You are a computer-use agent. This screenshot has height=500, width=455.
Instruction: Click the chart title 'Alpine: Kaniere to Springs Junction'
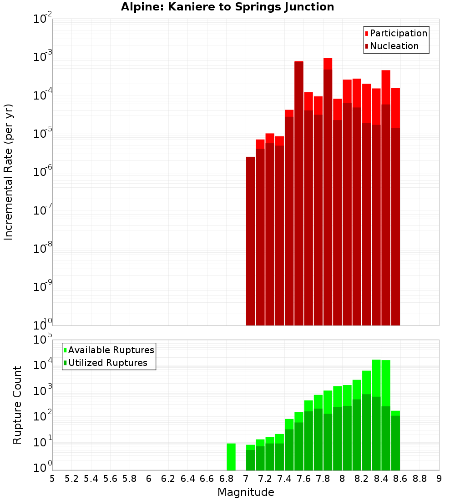coord(227,7)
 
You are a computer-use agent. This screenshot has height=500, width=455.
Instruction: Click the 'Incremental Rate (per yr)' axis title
coord(9,172)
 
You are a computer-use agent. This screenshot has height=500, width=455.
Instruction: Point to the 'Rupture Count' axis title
coord(17,405)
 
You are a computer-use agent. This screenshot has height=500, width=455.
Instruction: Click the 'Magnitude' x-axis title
coord(246,492)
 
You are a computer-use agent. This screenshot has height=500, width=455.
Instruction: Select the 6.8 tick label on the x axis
coord(226,479)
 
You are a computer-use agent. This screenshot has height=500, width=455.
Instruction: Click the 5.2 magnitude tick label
coord(71,479)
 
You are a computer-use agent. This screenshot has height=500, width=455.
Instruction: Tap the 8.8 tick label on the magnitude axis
coord(420,479)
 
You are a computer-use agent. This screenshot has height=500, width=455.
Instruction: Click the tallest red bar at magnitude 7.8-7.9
coord(328,191)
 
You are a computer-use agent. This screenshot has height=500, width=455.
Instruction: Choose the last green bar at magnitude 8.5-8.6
coord(395,441)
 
